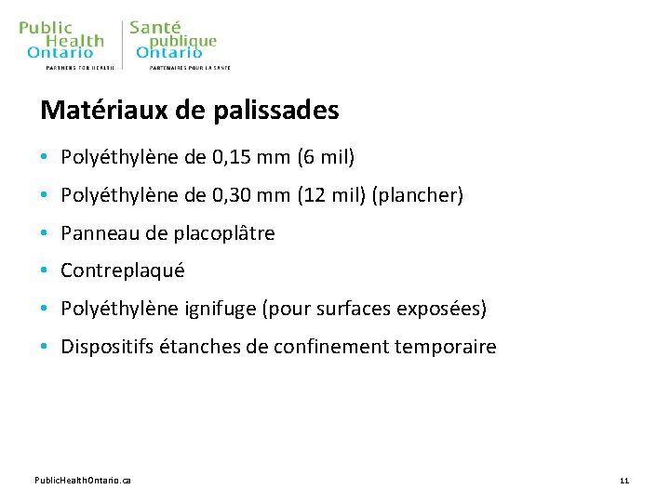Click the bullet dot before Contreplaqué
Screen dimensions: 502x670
pos(45,271)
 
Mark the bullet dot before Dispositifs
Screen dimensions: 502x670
pos(45,348)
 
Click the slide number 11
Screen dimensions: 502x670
pos(624,480)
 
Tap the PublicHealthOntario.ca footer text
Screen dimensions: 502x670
pos(83,480)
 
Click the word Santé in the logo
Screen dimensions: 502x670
pos(155,28)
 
